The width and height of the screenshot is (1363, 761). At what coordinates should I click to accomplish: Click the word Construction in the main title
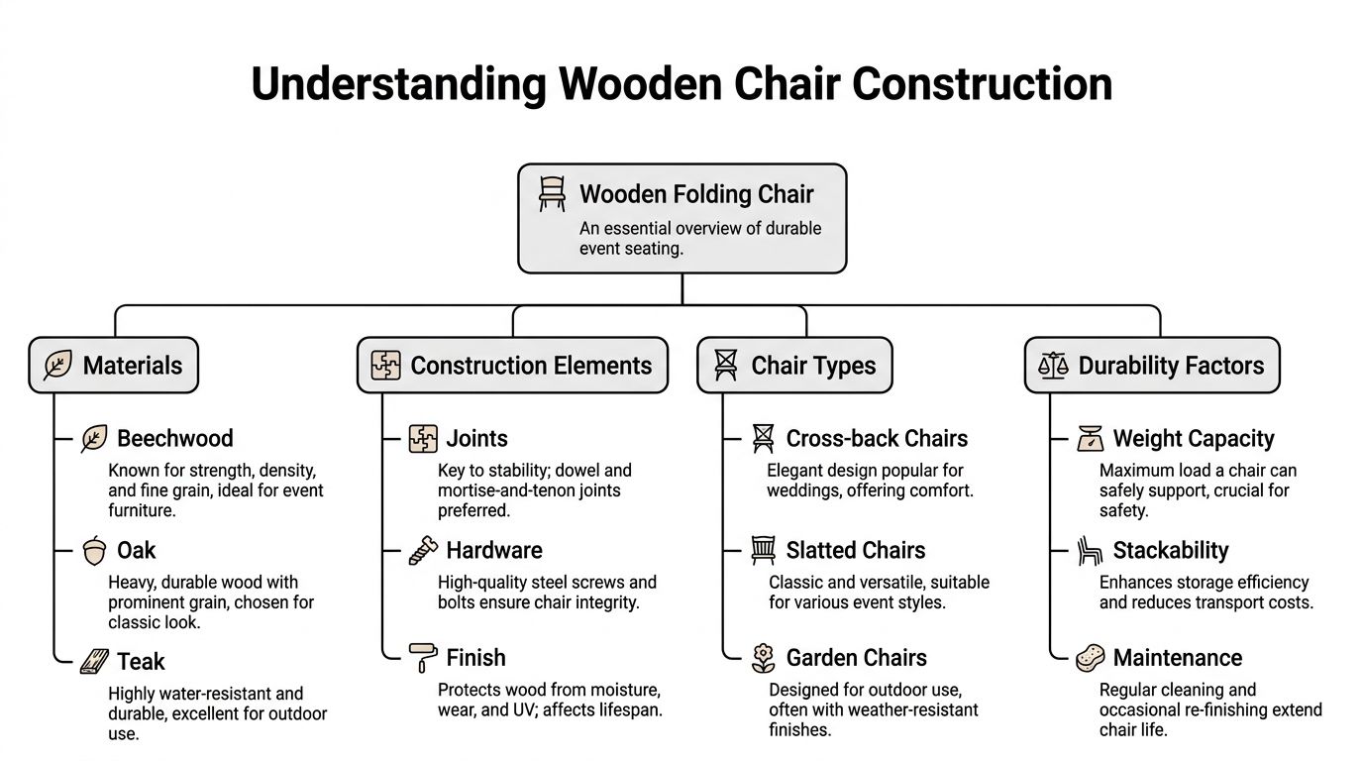(x=982, y=83)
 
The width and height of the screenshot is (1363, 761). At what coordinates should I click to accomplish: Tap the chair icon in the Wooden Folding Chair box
(x=552, y=193)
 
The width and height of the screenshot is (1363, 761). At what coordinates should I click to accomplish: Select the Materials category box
(x=114, y=366)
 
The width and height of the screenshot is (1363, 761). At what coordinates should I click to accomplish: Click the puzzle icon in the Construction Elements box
(x=385, y=366)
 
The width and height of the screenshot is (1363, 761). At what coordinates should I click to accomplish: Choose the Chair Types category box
(x=794, y=366)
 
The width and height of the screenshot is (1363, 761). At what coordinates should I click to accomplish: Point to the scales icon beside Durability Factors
(x=1053, y=366)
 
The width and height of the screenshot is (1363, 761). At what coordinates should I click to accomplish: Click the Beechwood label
(x=174, y=438)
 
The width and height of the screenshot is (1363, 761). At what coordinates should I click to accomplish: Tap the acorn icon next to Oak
(x=94, y=551)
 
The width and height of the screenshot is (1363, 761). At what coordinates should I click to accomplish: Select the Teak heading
(x=141, y=661)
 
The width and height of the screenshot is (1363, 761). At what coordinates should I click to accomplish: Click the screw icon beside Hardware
(x=423, y=551)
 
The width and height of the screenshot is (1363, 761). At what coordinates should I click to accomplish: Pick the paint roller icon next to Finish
(x=423, y=657)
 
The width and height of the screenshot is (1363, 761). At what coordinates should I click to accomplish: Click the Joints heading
(x=476, y=438)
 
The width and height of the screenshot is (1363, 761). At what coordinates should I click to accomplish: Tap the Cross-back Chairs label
(x=877, y=438)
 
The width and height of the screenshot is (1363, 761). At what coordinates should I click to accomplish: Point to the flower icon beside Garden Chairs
(x=763, y=657)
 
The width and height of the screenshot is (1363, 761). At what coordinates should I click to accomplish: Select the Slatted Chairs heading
(x=855, y=550)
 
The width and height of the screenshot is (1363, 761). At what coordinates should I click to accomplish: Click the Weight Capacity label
(x=1194, y=438)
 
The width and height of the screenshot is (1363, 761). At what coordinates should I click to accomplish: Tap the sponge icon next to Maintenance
(x=1090, y=658)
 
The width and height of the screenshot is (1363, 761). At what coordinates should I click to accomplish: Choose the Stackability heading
(x=1170, y=550)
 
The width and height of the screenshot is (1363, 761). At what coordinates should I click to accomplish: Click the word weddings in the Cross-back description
(x=803, y=490)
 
